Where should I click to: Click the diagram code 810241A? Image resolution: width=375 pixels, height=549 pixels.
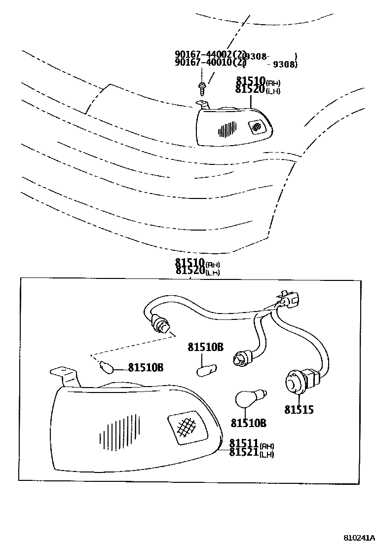(359, 537)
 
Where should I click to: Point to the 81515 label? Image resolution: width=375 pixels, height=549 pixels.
(299, 409)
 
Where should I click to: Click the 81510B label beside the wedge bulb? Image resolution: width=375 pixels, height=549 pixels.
(146, 367)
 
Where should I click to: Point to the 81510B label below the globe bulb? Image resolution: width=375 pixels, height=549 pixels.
(248, 423)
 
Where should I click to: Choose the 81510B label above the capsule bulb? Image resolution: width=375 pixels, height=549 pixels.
(205, 347)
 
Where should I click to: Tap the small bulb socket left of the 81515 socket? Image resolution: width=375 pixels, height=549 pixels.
(240, 357)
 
